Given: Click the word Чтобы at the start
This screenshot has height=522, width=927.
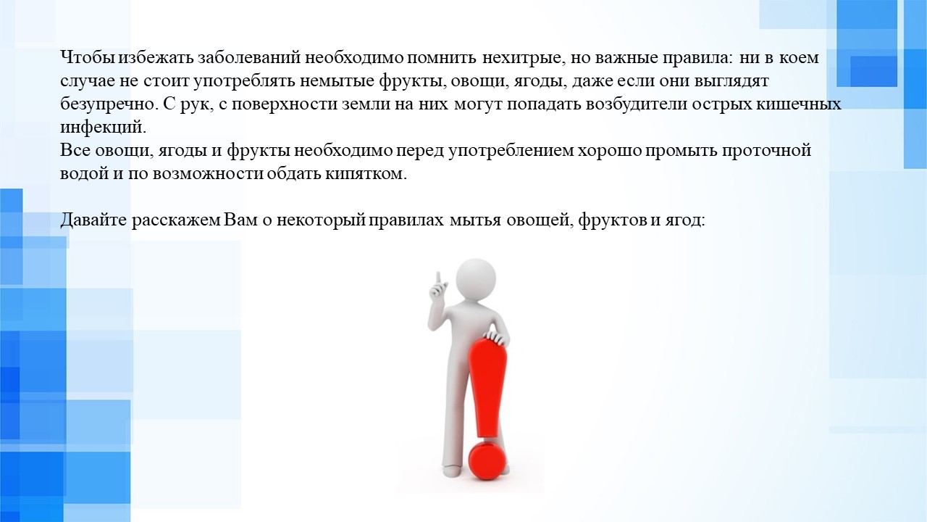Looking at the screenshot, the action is click(88, 57).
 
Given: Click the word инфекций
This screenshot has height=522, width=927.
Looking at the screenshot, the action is click(104, 127).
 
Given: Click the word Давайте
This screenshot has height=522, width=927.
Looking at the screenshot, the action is click(93, 220).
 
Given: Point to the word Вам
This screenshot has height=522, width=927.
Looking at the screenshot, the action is click(240, 220).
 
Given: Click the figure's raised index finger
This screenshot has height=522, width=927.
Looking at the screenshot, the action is click(438, 280).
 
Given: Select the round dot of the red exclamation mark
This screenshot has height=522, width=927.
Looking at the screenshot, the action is click(487, 460).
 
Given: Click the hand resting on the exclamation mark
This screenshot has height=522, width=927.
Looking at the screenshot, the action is click(496, 338).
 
